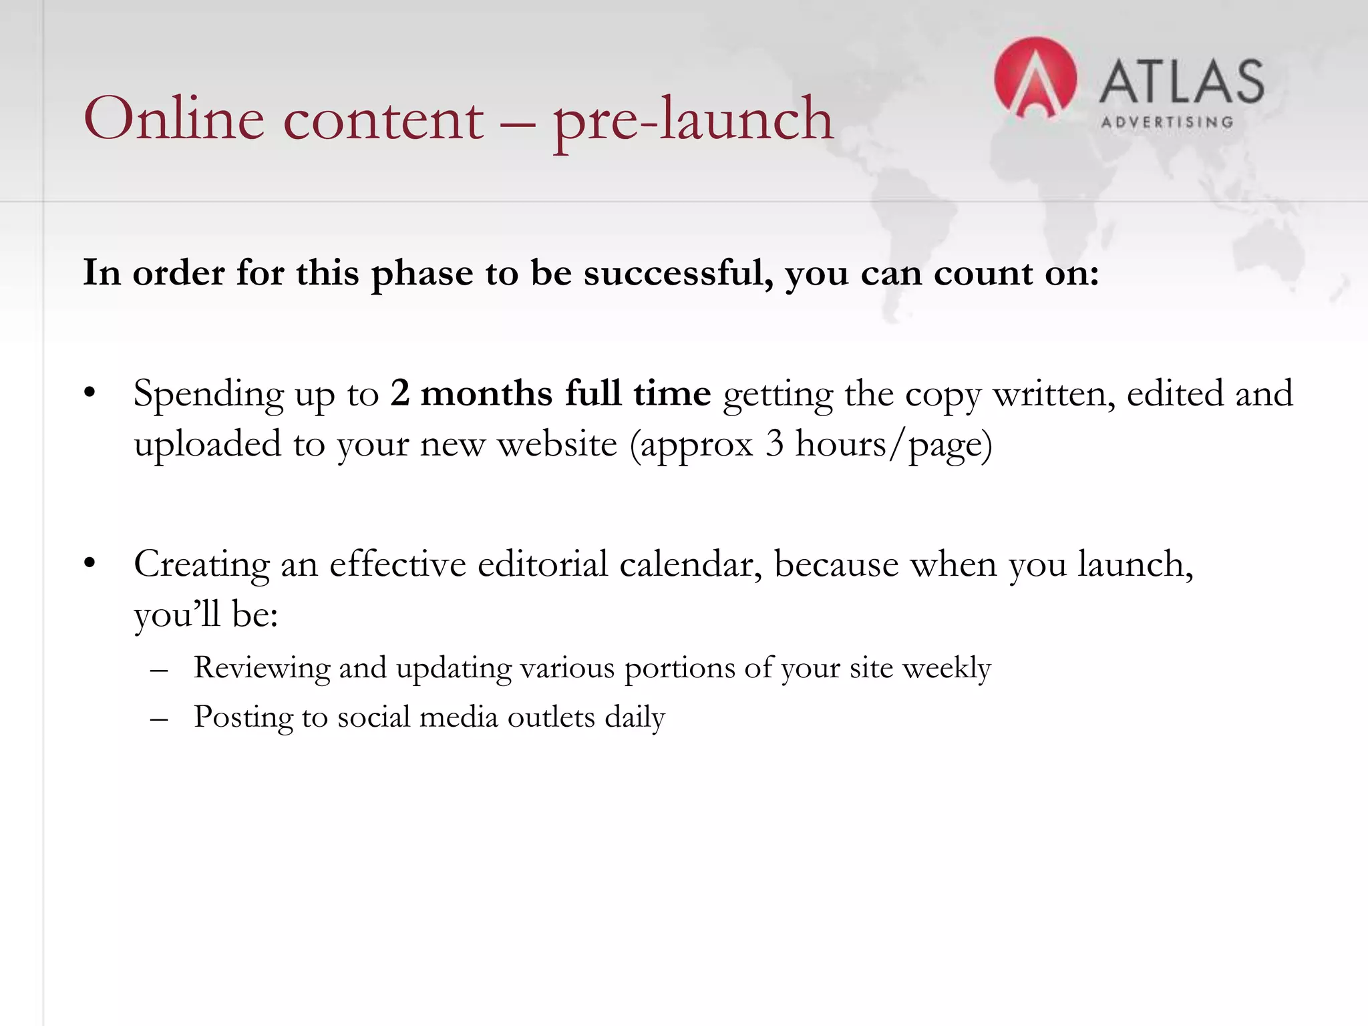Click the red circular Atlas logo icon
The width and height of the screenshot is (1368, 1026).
tap(1035, 79)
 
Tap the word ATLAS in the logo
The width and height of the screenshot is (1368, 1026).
tap(1181, 81)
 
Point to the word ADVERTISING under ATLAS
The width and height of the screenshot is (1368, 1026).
tap(1166, 122)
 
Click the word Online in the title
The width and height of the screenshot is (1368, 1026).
tap(174, 119)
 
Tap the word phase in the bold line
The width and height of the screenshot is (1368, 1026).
tap(421, 274)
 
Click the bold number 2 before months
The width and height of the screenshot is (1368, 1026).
tap(399, 393)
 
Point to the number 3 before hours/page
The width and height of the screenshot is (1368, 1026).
tap(774, 444)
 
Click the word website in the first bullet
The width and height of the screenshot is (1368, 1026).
tap(557, 444)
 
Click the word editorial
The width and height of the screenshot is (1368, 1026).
tap(542, 564)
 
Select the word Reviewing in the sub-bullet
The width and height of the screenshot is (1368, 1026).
tap(261, 668)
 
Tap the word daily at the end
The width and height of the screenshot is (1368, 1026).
tap(635, 717)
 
